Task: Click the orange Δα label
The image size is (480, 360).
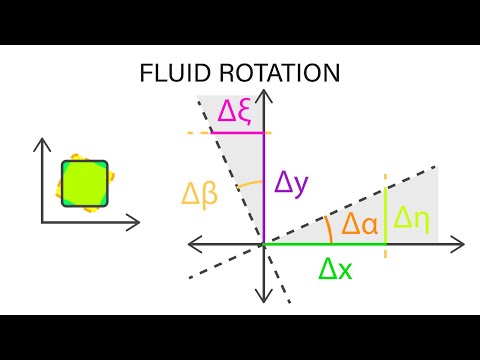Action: coord(360,224)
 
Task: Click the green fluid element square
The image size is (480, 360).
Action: coord(84,183)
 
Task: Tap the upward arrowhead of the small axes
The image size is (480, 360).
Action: coord(43,144)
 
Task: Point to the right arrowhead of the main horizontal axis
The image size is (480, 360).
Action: coord(458,243)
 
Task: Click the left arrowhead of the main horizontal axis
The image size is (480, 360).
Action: coord(194,243)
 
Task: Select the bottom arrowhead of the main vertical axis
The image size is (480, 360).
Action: coord(263,296)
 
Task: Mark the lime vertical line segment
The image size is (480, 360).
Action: coord(386,210)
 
